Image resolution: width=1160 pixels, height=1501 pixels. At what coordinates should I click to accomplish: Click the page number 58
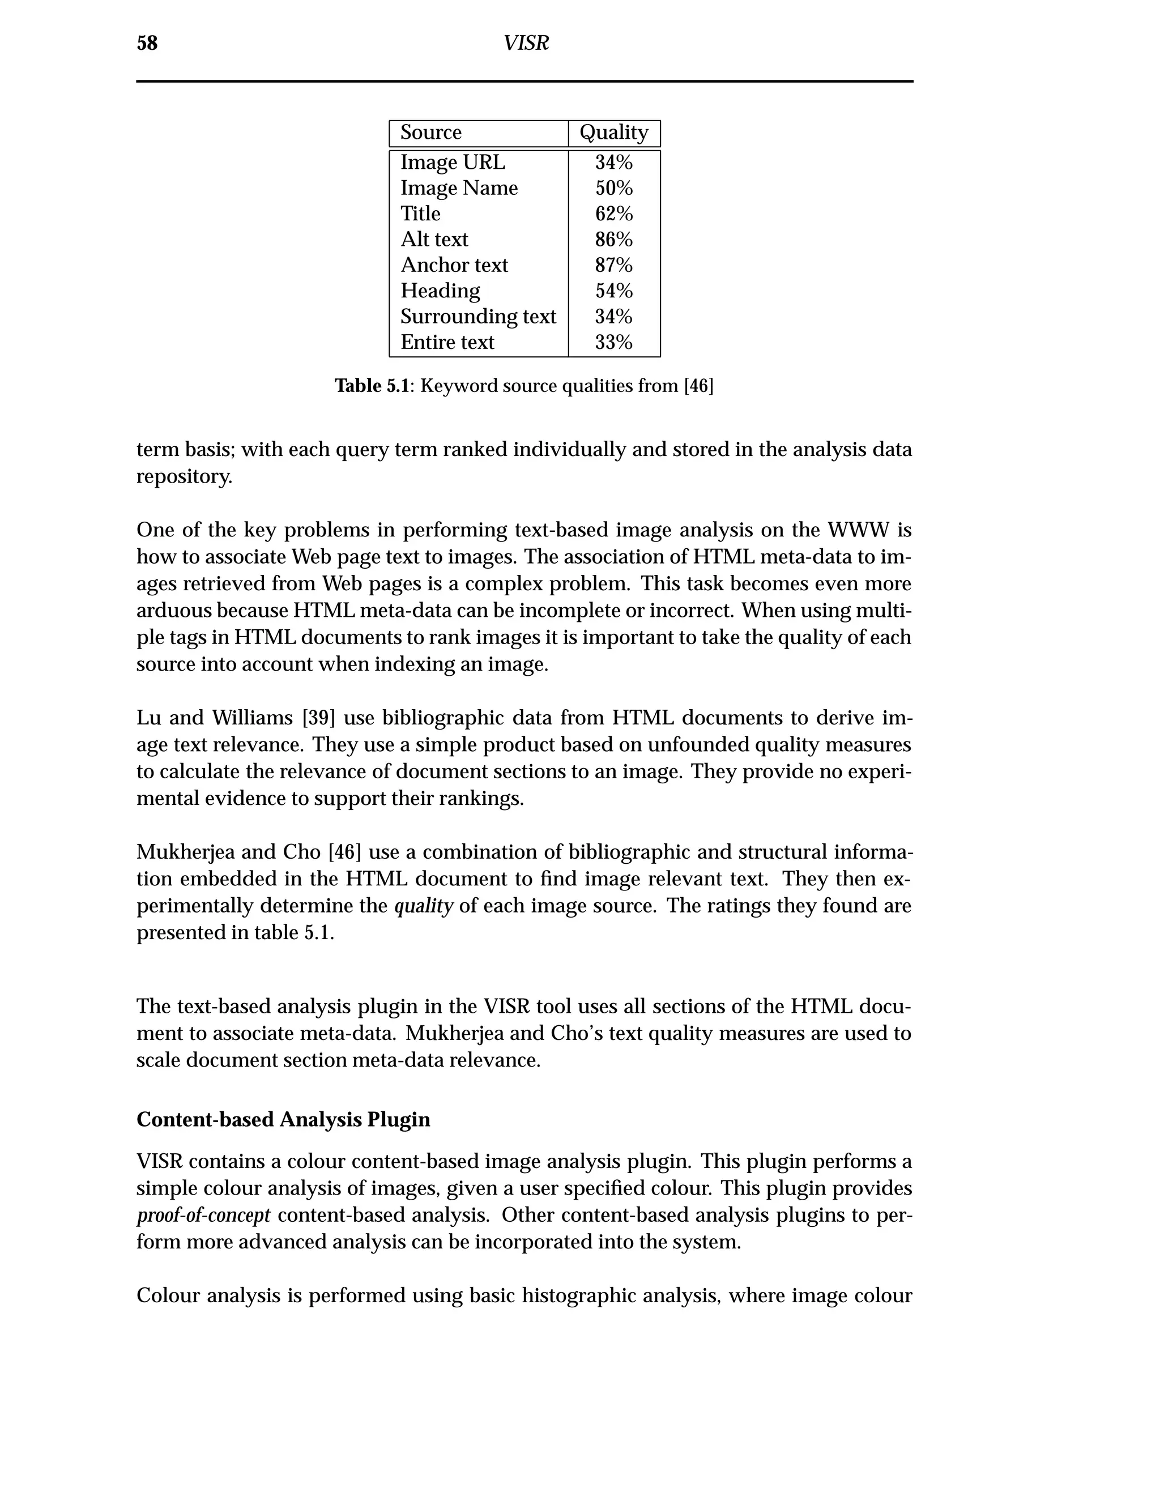[147, 43]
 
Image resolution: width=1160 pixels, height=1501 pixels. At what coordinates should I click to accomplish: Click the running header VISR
[526, 43]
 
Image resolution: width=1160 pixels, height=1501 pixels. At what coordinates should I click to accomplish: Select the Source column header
[431, 133]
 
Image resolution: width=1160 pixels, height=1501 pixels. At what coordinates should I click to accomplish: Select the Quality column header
[613, 133]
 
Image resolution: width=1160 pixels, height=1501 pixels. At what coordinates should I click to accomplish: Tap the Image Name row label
[459, 187]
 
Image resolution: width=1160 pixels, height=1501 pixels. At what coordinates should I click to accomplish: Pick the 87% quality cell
[613, 265]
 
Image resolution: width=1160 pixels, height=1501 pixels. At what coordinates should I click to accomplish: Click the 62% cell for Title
[613, 214]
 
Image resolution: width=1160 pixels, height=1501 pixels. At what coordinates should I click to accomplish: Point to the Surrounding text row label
[478, 316]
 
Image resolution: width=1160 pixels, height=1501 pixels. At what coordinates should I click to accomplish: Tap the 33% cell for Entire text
[613, 342]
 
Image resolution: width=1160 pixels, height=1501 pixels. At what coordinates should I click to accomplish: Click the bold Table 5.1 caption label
[372, 386]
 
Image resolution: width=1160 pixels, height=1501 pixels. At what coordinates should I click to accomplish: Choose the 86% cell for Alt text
[613, 239]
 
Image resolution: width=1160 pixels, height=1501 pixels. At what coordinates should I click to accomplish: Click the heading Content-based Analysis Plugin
[283, 1120]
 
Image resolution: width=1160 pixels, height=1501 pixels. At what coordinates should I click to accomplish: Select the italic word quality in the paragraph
[423, 906]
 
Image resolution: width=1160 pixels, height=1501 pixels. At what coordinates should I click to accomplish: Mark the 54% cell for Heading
[613, 291]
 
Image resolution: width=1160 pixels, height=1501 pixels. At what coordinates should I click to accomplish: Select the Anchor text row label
[454, 265]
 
